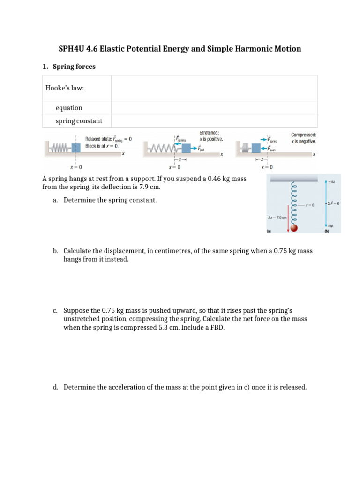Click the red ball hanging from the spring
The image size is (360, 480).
(x=294, y=228)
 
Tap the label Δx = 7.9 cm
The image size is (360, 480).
(x=277, y=218)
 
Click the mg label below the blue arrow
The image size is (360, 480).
(x=330, y=225)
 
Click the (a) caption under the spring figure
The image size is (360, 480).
(x=269, y=231)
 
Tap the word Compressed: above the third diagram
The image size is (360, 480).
(x=303, y=134)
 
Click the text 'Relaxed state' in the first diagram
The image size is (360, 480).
(x=100, y=139)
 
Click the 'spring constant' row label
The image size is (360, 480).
(x=79, y=121)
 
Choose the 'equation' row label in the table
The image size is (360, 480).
(x=69, y=108)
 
